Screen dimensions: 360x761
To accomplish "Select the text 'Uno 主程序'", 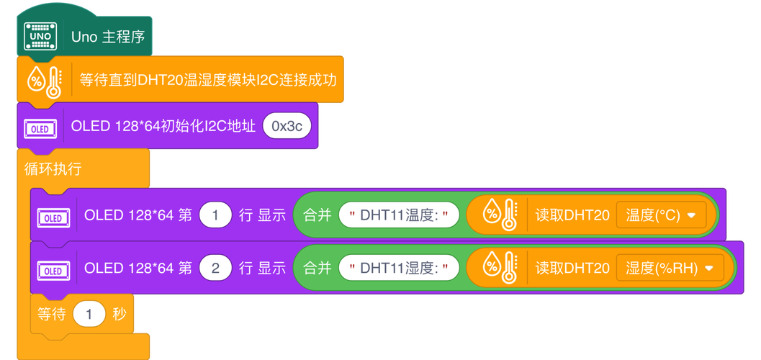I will [x=107, y=36].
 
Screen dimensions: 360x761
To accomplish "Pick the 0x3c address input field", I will [x=287, y=127].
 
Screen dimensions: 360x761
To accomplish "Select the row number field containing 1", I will [x=214, y=214].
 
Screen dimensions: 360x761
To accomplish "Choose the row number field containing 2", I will [x=214, y=268].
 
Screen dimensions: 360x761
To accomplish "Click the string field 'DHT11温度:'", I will [x=399, y=215].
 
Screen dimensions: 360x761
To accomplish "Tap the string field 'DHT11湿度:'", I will [x=399, y=269].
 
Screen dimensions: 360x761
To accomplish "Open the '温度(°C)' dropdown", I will [x=661, y=215].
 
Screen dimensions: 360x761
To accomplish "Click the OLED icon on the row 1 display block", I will [x=53, y=217].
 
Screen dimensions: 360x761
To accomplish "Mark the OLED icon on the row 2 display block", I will [x=53, y=271].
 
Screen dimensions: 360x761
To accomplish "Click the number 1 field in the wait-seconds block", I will [x=89, y=315].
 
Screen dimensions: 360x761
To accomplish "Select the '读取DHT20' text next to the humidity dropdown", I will [x=572, y=269].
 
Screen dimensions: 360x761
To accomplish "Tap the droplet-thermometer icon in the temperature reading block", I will [x=499, y=214].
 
